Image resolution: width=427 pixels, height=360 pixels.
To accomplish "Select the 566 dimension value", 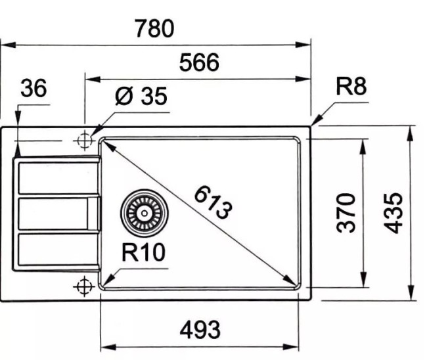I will coord(198,63).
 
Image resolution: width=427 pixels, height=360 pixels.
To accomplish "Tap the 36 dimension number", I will coord(34,89).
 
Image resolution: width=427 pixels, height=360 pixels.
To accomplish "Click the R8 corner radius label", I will coord(350,87).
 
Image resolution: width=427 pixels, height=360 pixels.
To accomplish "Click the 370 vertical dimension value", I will coord(346,212).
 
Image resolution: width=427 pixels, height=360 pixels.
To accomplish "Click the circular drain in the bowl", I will coord(144,212).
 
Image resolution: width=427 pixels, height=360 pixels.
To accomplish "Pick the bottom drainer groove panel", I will coord(57,250).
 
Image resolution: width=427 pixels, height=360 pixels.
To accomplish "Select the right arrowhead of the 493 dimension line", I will coord(304,346).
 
